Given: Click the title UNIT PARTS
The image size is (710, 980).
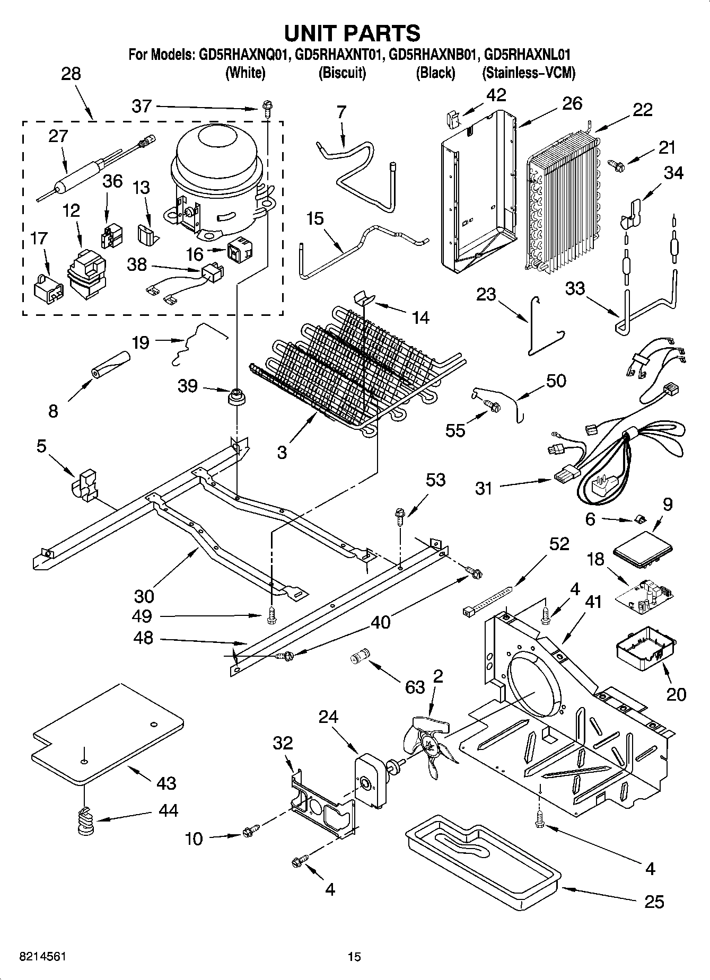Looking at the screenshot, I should click(x=352, y=33).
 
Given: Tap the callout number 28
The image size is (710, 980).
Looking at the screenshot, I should click(x=71, y=74).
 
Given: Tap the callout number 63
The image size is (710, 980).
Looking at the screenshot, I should click(x=415, y=687).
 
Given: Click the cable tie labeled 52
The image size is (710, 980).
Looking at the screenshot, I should click(x=488, y=601).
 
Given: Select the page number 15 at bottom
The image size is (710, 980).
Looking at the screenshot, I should click(x=354, y=957).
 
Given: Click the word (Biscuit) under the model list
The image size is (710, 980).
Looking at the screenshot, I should click(x=342, y=73).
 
